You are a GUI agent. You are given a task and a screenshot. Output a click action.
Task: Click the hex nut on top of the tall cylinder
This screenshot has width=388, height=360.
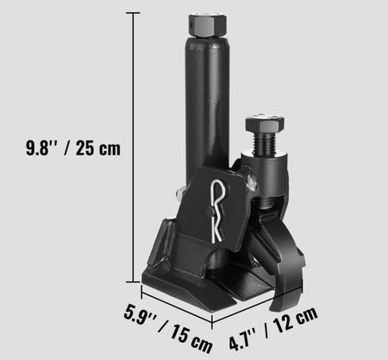pos(207,25)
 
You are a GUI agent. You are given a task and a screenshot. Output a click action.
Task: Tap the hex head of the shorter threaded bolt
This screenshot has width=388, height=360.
pos(265,123)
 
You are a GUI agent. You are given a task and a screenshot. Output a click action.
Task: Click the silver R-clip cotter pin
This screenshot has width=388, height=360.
pos(217,211)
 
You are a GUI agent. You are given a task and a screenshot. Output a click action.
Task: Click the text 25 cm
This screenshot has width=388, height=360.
pos(98,148)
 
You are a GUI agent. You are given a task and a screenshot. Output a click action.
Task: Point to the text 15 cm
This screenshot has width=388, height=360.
pos(191,338)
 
